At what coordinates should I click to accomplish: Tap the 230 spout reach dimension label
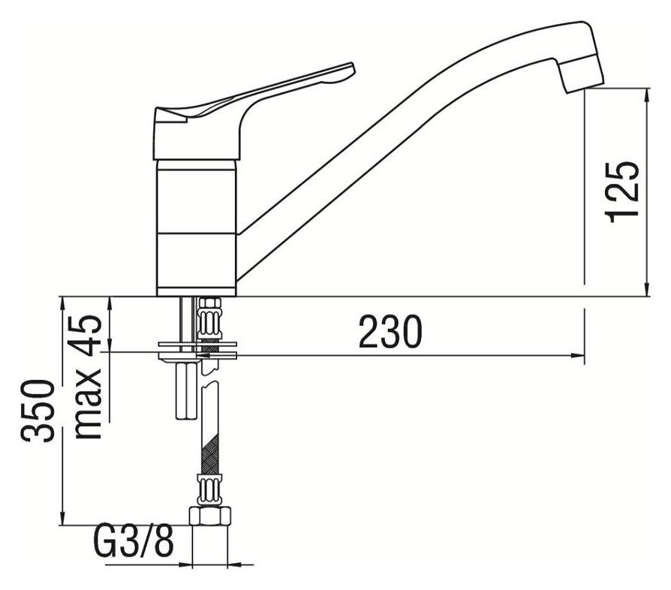(x=390, y=332)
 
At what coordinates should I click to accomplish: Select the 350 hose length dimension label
(x=38, y=411)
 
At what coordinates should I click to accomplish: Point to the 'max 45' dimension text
(x=88, y=377)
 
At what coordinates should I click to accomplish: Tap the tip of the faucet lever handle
(x=353, y=68)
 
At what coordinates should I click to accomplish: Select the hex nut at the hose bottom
(x=209, y=515)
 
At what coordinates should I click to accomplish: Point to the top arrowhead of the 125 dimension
(x=648, y=94)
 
